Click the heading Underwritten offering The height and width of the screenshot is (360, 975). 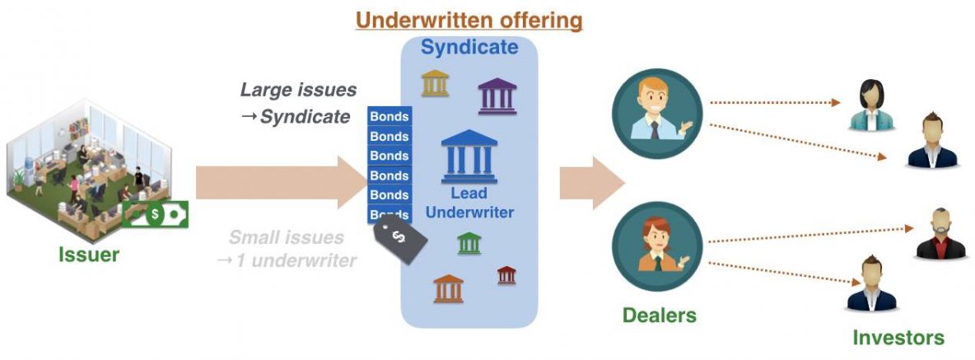(469, 20)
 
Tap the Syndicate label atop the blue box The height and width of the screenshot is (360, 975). (469, 47)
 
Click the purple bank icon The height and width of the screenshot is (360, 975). (497, 96)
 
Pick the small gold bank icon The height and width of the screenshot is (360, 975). (435, 83)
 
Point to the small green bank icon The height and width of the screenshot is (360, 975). (469, 243)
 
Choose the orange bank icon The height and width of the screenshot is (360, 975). (448, 288)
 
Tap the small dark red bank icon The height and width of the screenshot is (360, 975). (506, 275)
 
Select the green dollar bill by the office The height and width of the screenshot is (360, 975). (155, 215)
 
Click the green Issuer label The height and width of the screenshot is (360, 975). (89, 255)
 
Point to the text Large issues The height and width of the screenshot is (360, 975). (298, 90)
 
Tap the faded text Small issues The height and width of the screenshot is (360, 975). (286, 238)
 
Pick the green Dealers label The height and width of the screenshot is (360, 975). (659, 315)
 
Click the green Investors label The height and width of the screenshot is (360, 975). (898, 338)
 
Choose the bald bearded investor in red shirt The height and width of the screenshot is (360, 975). (937, 234)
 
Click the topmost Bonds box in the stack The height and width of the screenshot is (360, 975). (389, 116)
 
